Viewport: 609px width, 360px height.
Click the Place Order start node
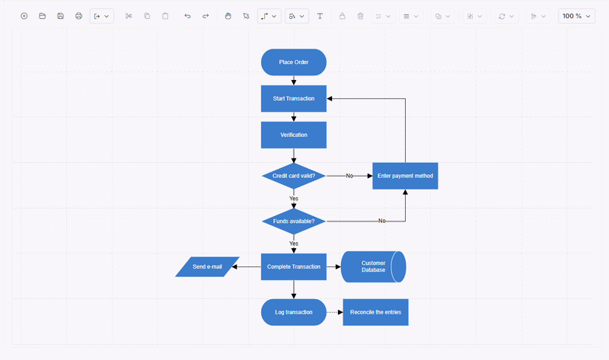[x=294, y=62]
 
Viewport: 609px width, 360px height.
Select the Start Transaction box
[x=294, y=99]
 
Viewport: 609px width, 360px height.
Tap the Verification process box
[x=294, y=135]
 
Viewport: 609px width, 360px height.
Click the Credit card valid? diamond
[x=294, y=176]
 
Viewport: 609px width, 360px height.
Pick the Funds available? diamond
[x=294, y=221]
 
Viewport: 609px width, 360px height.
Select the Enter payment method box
[x=405, y=176]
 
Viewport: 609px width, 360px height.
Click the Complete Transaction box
[x=294, y=267]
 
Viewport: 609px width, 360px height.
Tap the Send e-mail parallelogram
[x=207, y=267]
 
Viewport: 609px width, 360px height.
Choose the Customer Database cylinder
[x=373, y=267]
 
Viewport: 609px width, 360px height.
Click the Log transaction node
[x=294, y=312]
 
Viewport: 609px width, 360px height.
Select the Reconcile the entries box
[x=375, y=312]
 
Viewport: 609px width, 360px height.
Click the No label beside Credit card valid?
[x=349, y=176]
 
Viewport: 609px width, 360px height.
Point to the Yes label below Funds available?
[x=294, y=244]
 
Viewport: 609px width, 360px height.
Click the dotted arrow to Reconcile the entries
[x=335, y=312]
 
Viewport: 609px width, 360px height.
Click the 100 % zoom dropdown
[x=576, y=16]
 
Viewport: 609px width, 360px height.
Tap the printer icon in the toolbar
[x=79, y=16]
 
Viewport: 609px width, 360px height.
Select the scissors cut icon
[x=129, y=16]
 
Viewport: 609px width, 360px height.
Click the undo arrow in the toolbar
[x=187, y=16]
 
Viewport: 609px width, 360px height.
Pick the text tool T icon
[x=320, y=16]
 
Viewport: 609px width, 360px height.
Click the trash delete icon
[x=360, y=16]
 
